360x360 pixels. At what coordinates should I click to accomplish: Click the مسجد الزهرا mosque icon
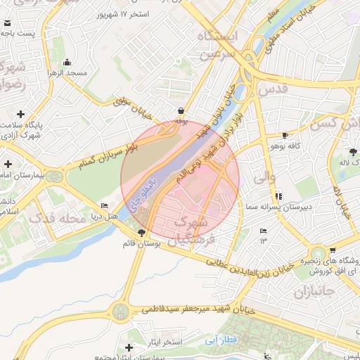point(67,62)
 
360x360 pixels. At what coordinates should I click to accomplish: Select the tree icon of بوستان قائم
point(142,232)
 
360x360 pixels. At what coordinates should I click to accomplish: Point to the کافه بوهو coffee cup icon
point(285,135)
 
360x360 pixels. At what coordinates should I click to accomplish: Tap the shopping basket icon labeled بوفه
point(182,110)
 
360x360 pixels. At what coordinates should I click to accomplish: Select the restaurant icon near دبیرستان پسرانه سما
point(279,195)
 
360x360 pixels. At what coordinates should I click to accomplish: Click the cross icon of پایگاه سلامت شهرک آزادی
point(21,114)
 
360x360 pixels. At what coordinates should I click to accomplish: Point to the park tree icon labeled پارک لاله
point(353,151)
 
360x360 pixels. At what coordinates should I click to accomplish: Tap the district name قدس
point(274,89)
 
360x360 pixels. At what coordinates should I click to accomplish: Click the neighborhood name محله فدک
point(59,219)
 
